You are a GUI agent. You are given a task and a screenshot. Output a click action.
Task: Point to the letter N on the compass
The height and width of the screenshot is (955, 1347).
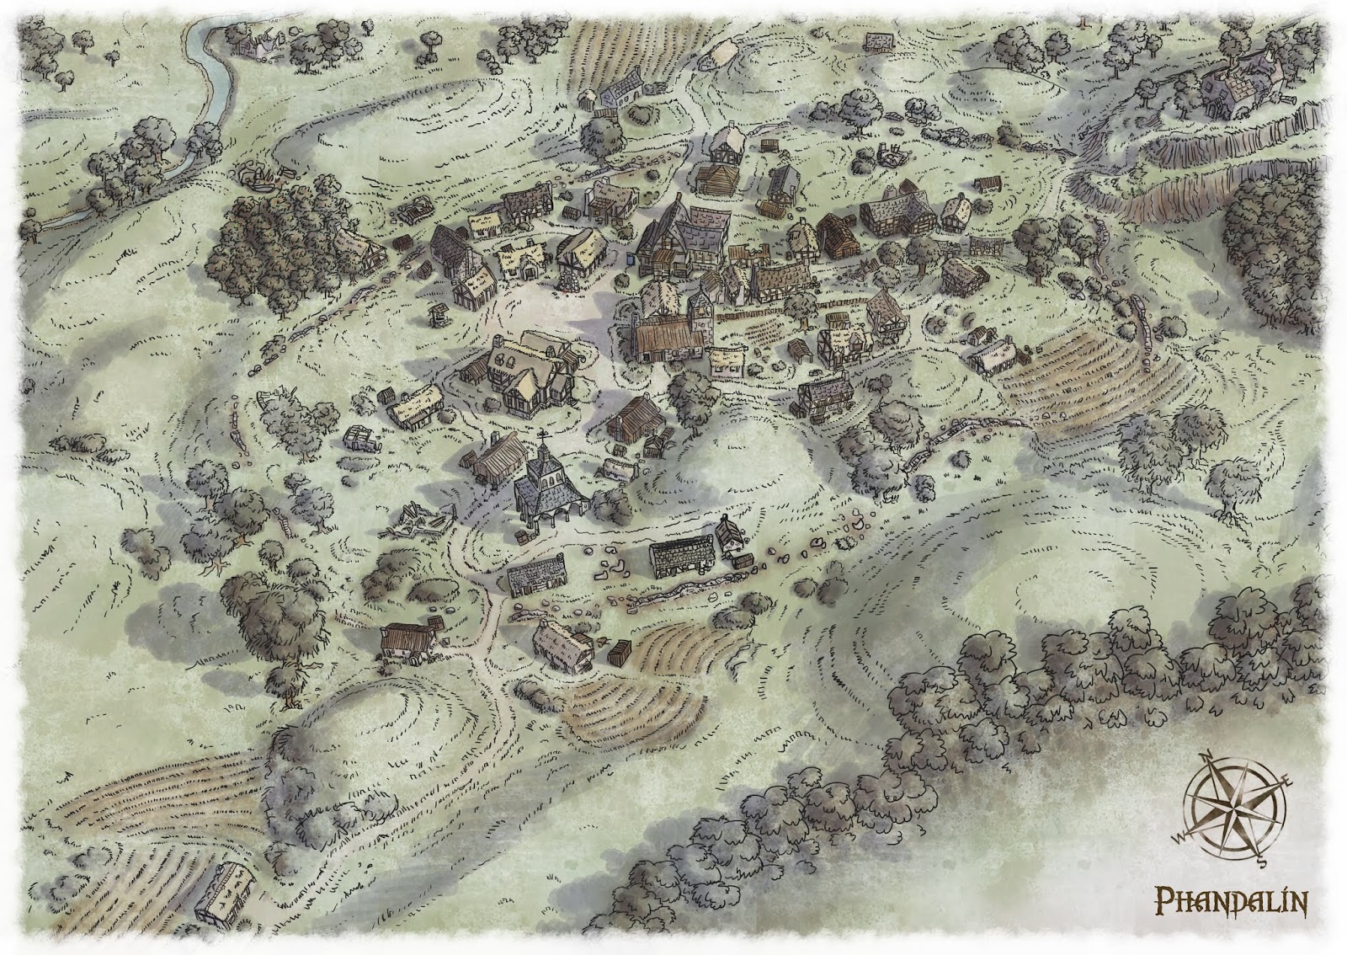(1204, 755)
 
